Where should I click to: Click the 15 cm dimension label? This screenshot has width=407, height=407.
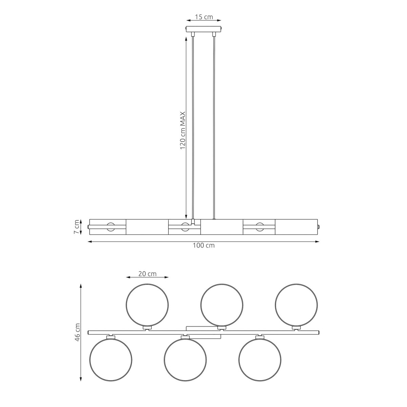[x=203, y=17]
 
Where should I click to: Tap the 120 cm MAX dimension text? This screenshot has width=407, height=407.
[x=183, y=130]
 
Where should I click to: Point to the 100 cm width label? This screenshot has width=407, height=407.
[x=203, y=245]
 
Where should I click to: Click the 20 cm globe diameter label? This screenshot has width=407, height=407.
[x=148, y=274]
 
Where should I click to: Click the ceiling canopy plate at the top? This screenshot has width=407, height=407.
[x=203, y=29]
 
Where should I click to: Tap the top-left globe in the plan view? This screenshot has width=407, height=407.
[x=147, y=305]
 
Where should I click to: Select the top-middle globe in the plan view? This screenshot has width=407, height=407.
[x=222, y=305]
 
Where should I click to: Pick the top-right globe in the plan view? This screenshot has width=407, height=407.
[x=296, y=305]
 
